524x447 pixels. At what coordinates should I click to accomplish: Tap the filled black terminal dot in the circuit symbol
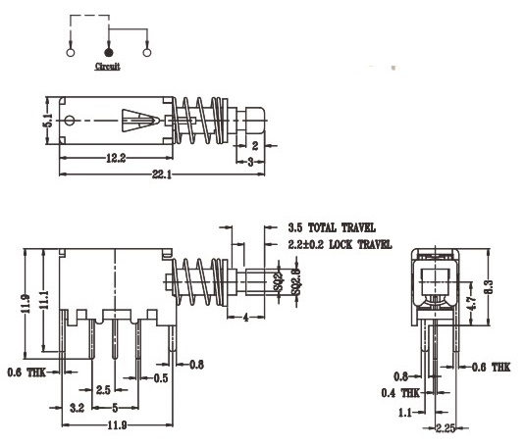pyautogui.click(x=108, y=51)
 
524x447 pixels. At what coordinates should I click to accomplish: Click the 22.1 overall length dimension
pyautogui.click(x=161, y=174)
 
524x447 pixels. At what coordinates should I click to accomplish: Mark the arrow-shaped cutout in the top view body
pyautogui.click(x=136, y=122)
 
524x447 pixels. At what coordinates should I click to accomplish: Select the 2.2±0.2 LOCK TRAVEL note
pyautogui.click(x=341, y=243)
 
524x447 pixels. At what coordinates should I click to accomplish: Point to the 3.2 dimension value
pyautogui.click(x=76, y=406)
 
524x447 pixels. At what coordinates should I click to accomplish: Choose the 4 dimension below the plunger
pyautogui.click(x=244, y=316)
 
